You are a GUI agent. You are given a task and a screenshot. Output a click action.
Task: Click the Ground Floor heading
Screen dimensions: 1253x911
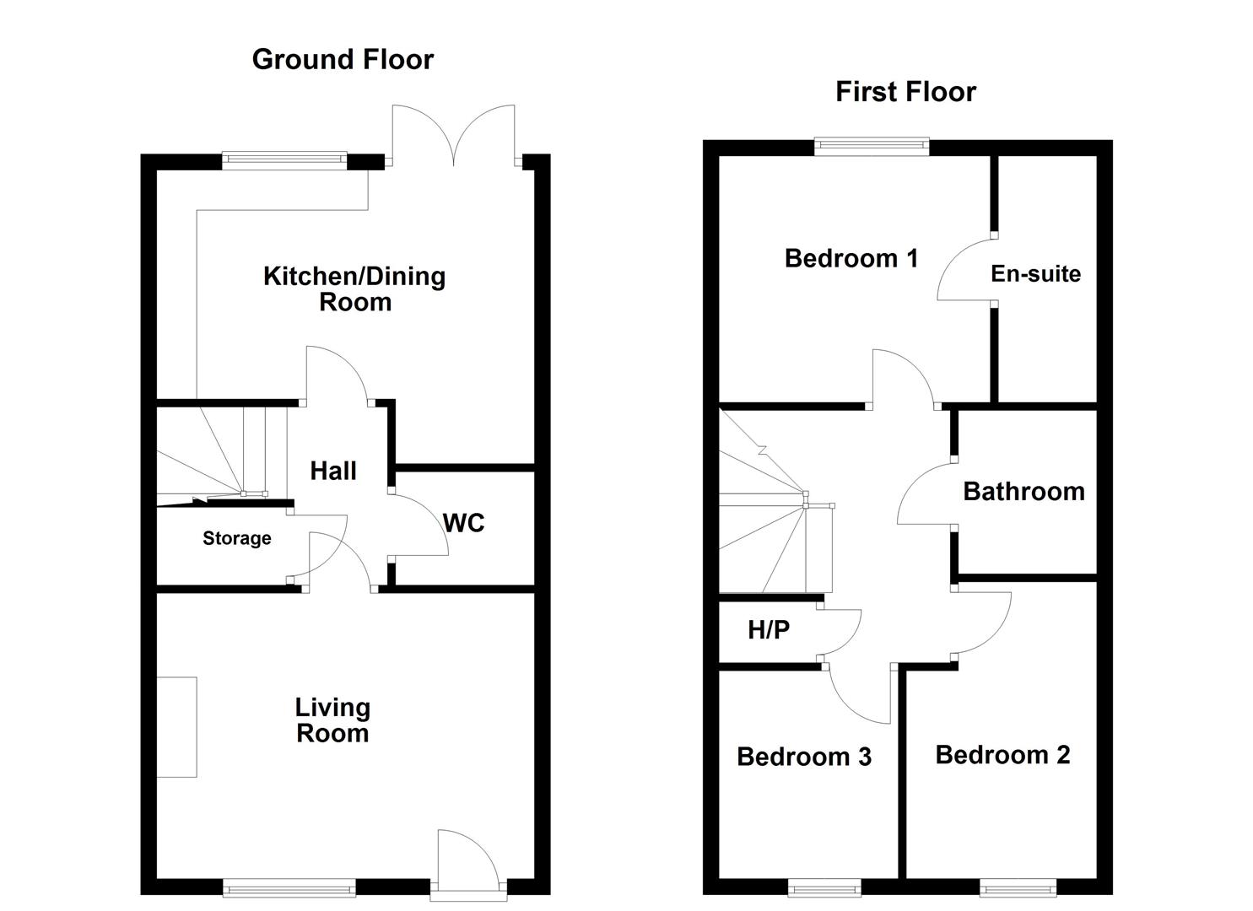click(x=343, y=60)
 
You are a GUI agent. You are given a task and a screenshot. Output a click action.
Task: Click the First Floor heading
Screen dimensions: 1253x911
click(x=905, y=92)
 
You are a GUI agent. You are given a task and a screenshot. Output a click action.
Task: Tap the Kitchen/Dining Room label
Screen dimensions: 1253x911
click(x=354, y=289)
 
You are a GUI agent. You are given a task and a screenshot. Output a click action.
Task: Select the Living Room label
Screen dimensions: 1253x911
click(x=332, y=720)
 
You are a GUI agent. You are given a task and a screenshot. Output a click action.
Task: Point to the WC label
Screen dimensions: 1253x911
click(x=464, y=524)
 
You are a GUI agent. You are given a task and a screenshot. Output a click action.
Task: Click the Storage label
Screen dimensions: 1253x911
click(x=236, y=538)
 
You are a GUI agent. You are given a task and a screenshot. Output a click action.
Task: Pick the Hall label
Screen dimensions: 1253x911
click(x=332, y=471)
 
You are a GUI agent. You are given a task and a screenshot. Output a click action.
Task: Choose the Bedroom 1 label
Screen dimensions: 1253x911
click(x=851, y=258)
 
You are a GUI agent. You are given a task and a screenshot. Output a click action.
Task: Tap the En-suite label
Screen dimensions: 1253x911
click(x=1036, y=274)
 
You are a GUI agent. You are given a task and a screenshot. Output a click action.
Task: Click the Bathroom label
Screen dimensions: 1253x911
click(x=1023, y=492)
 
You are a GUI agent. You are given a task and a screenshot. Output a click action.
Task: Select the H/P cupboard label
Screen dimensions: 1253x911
click(x=769, y=630)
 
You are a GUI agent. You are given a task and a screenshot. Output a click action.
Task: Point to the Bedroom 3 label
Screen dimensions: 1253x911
click(x=804, y=757)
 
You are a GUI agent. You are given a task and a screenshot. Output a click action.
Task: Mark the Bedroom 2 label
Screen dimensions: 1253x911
click(x=1003, y=755)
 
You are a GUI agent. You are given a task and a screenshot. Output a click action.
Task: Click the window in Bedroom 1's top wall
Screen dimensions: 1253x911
click(x=872, y=147)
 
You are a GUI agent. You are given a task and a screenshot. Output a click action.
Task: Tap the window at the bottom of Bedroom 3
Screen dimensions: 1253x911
click(x=824, y=887)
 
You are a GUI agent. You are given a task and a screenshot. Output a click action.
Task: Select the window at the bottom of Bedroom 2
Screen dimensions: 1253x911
click(x=1018, y=887)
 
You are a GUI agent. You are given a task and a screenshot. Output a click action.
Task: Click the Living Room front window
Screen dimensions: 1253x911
click(x=289, y=888)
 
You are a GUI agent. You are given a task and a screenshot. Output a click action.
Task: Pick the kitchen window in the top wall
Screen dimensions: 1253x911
click(x=284, y=161)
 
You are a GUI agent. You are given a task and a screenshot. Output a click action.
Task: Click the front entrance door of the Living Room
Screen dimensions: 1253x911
click(x=469, y=865)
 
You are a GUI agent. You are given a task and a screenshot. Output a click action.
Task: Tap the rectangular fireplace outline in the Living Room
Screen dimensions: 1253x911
click(x=176, y=727)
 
